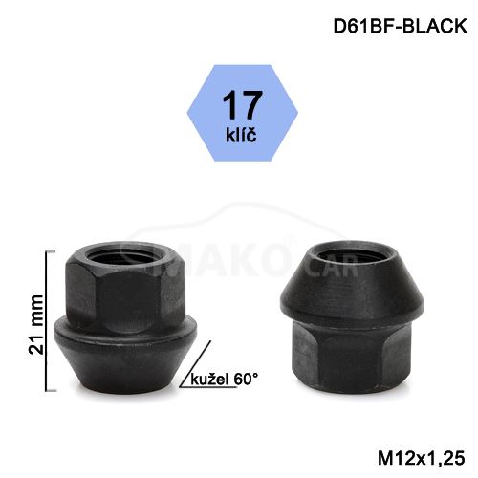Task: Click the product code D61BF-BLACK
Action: (400, 26)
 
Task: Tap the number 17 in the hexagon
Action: (243, 105)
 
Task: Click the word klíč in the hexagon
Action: (241, 134)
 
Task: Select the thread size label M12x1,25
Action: (421, 458)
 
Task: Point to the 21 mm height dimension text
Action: (36, 324)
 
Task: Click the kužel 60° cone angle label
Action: (225, 380)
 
